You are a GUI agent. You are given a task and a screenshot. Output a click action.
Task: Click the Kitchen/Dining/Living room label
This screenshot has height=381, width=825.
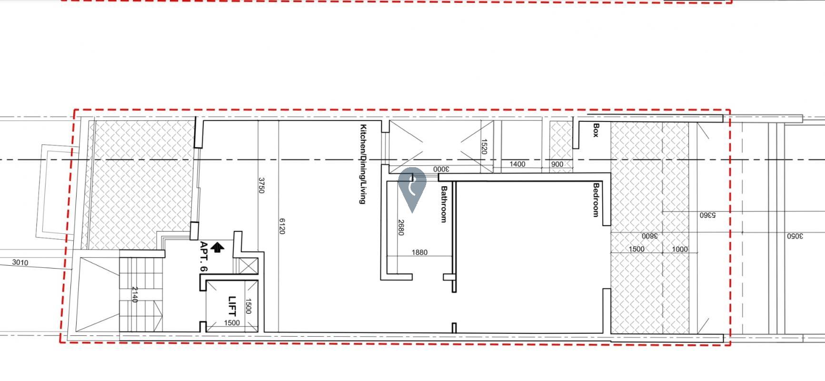(x=363, y=164)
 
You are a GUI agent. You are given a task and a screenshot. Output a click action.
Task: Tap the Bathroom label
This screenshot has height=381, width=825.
(x=444, y=204)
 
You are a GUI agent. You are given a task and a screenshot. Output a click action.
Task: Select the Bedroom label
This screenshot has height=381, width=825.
(x=596, y=200)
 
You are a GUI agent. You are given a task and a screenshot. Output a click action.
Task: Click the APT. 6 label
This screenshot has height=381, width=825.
(x=204, y=257)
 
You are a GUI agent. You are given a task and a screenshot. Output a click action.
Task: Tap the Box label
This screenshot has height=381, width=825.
(x=596, y=130)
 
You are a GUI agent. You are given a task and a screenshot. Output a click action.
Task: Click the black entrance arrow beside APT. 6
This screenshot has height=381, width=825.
(x=218, y=247)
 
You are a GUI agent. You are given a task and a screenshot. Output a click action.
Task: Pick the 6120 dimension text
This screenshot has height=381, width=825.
(x=282, y=226)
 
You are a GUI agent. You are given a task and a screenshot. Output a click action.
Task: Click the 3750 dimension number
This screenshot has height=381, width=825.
(x=261, y=185)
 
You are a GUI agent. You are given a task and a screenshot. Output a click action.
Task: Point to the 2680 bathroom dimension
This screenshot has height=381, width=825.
(x=401, y=227)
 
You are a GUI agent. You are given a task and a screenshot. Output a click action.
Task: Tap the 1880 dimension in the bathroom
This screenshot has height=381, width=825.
(x=419, y=252)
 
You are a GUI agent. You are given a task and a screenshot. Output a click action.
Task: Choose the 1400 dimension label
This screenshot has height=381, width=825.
(x=517, y=164)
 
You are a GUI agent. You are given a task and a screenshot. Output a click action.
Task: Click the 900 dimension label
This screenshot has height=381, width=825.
(x=557, y=164)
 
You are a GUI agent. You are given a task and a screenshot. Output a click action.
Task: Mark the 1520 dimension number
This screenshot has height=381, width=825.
(x=484, y=147)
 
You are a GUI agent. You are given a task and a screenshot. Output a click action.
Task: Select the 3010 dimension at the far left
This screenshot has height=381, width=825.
(x=20, y=262)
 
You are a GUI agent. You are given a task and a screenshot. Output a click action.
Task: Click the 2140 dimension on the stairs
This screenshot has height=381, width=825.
(x=134, y=294)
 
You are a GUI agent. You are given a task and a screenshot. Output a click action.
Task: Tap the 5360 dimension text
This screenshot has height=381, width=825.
(x=707, y=215)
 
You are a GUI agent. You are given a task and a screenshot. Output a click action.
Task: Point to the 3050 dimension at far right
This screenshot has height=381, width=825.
(x=795, y=236)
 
